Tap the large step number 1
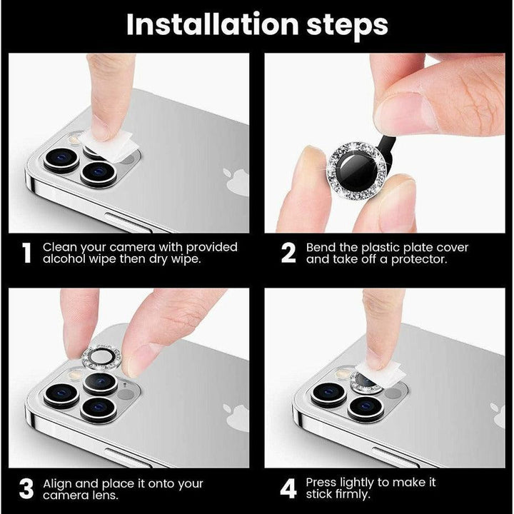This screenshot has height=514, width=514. point(26,253)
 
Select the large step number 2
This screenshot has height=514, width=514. point(288,253)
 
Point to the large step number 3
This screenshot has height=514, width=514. point(26,490)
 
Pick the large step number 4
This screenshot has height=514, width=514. point(288,490)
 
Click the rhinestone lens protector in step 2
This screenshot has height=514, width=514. point(355,168)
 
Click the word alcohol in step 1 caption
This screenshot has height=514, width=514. point(64,260)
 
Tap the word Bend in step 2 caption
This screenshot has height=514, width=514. point(321,247)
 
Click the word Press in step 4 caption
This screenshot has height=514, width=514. point(323,483)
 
